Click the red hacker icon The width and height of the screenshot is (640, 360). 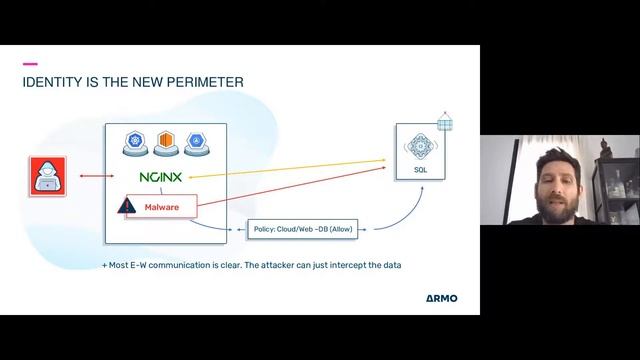coord(45,175)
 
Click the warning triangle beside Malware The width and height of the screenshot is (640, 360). coord(126,207)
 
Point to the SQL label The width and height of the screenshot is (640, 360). coord(420,170)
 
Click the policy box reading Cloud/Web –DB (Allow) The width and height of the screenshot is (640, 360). coord(303,229)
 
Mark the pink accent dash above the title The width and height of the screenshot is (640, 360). coord(29,63)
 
